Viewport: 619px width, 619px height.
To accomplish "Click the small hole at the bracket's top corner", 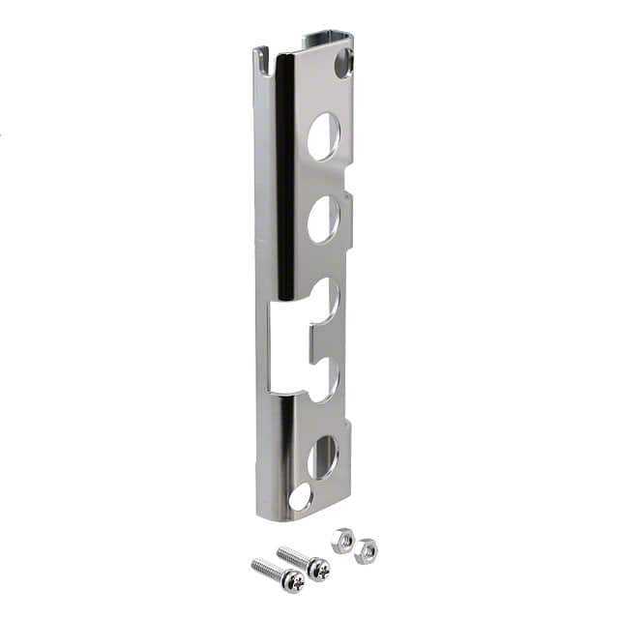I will click(x=342, y=65).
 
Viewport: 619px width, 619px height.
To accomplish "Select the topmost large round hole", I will click(x=323, y=135).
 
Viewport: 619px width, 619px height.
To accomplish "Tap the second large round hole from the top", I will click(x=323, y=220).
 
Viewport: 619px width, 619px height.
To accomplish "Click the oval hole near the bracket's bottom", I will click(x=322, y=457).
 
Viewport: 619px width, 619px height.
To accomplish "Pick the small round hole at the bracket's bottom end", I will click(x=301, y=497).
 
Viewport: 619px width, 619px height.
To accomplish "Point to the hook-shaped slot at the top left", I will click(x=262, y=64).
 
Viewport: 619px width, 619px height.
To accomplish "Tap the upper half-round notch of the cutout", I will click(x=326, y=298).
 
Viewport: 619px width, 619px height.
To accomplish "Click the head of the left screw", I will click(x=292, y=580).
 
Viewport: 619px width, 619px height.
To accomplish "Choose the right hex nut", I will click(x=365, y=551).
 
